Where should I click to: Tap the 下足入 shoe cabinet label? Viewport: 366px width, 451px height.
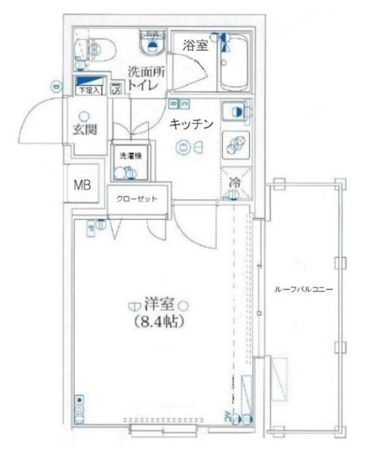tap(89, 91)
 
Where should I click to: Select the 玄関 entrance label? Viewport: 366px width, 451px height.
tap(84, 130)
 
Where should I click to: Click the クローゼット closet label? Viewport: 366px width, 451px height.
tap(137, 199)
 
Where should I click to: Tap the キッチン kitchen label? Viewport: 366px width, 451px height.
tap(192, 124)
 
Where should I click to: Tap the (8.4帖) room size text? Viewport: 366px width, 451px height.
tap(159, 322)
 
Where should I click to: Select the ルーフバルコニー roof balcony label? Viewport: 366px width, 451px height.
tap(304, 290)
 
